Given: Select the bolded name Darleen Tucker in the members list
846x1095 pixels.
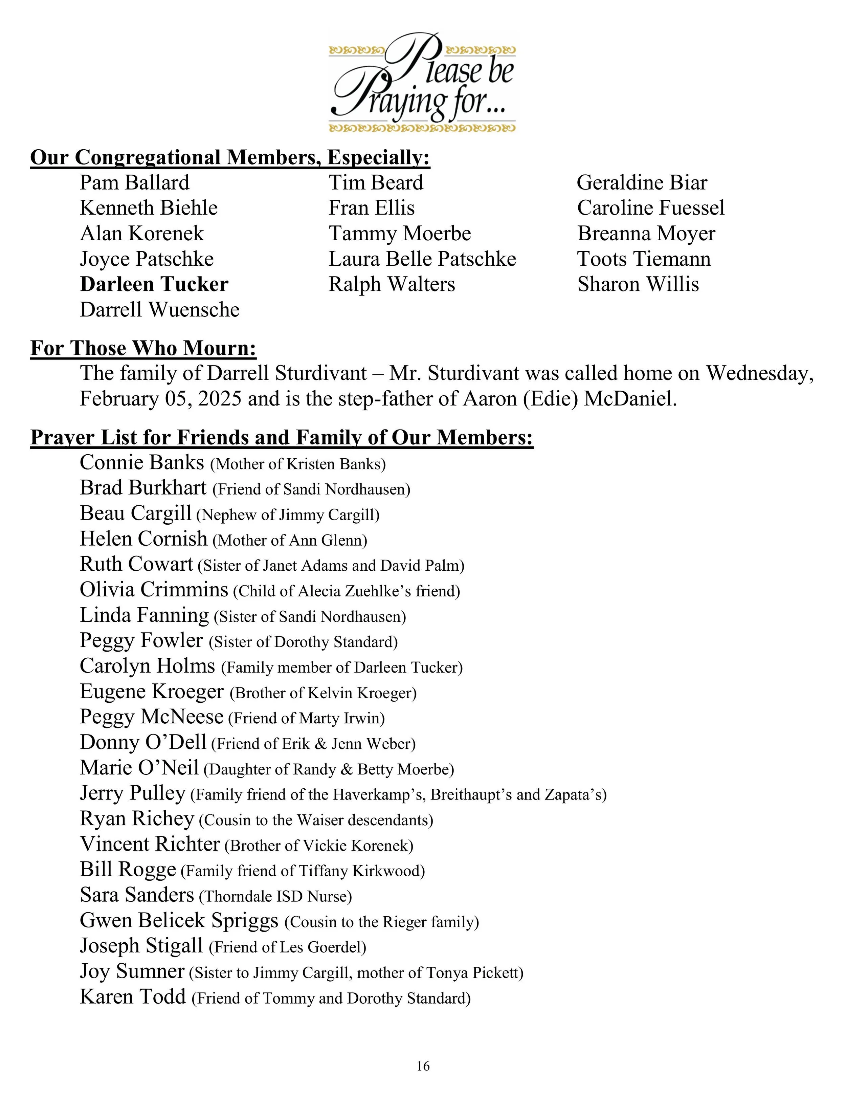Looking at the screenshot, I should [154, 284].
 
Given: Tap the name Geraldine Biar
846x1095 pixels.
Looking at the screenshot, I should [642, 183].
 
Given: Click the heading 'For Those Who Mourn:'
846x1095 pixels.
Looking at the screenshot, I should [143, 348].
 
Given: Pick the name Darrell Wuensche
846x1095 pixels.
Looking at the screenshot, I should [159, 310].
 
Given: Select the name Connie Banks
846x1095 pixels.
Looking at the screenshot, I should [142, 462].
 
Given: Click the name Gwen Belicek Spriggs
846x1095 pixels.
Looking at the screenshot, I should [179, 921].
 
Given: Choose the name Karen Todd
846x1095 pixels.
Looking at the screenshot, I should [133, 997].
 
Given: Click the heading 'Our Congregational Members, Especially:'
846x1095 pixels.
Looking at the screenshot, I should [230, 157].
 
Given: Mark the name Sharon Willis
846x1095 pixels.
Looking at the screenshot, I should [638, 284].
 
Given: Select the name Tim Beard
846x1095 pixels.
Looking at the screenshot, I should [376, 183].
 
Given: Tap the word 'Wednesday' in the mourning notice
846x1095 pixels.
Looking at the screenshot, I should [760, 374].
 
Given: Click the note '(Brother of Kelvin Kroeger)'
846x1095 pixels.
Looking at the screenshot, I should [323, 693].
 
